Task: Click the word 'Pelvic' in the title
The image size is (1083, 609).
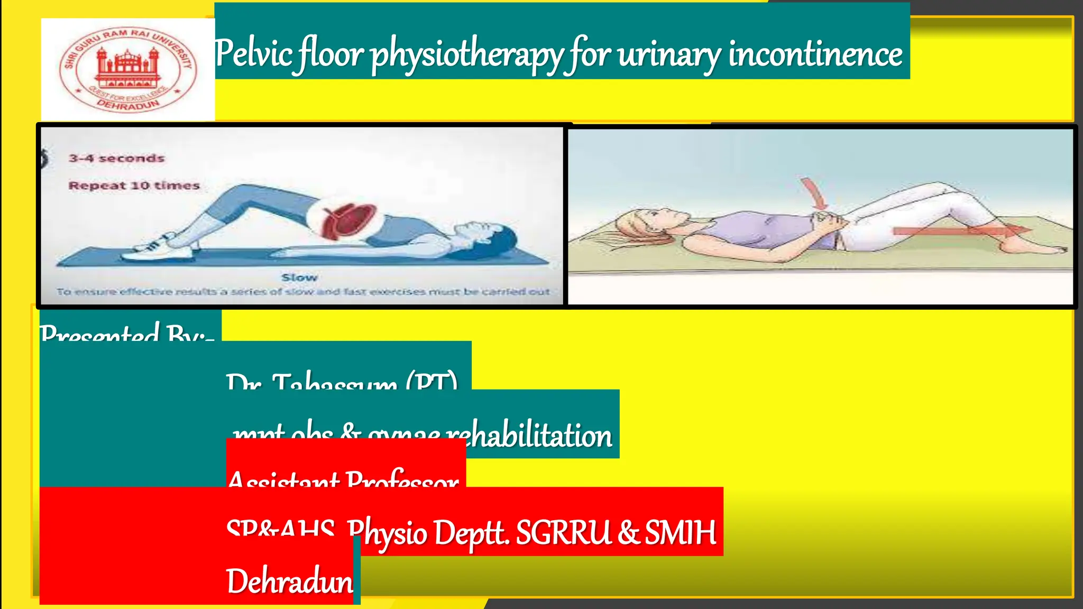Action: (253, 54)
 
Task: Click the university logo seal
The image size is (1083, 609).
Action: (127, 69)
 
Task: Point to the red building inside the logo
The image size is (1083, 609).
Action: (127, 67)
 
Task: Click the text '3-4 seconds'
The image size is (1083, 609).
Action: (116, 158)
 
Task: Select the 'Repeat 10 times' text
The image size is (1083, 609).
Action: (134, 186)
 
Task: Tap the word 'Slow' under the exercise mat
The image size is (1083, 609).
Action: (299, 278)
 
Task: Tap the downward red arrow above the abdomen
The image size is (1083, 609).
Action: (814, 193)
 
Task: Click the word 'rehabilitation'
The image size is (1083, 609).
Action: (529, 436)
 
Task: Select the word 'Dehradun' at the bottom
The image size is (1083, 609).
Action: (289, 581)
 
